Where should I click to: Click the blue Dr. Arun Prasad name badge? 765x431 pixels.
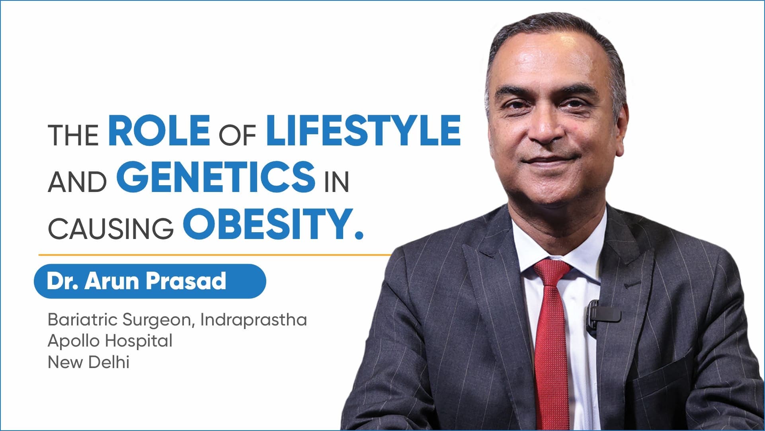[x=150, y=281]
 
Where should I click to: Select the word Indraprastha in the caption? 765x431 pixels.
[x=254, y=320]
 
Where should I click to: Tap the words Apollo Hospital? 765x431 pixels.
[x=110, y=341]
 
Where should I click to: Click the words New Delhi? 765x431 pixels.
[x=88, y=362]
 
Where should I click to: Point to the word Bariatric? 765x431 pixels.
[x=82, y=319]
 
